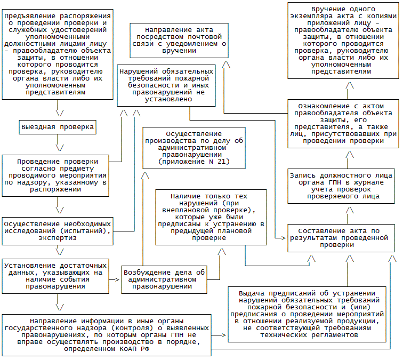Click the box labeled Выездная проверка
[58, 127]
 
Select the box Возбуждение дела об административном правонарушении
[164, 279]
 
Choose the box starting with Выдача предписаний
[308, 314]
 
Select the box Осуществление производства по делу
[194, 148]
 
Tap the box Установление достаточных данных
[56, 275]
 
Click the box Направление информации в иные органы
[105, 335]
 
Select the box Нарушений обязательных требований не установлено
[166, 85]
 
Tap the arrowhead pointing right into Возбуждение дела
[117, 279]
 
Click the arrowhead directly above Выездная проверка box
[60, 113]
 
